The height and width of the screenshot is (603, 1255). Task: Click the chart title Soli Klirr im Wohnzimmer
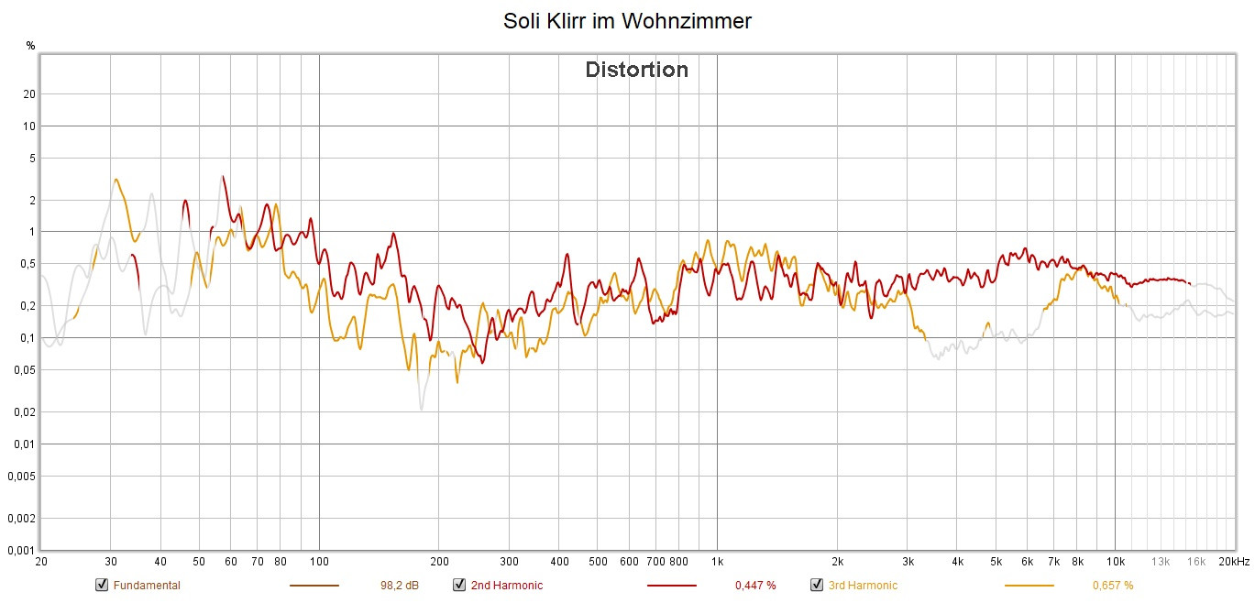click(x=627, y=21)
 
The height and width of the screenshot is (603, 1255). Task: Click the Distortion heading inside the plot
click(x=636, y=70)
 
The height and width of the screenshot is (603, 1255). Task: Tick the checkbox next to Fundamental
click(x=102, y=585)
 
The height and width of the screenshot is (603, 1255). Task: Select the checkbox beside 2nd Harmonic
click(x=459, y=585)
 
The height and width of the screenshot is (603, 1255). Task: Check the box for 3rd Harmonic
click(x=817, y=585)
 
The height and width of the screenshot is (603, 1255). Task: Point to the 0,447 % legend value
click(x=755, y=586)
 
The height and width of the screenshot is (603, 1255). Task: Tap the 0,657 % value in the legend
click(x=1113, y=586)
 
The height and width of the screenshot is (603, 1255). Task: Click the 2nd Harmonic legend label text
click(x=507, y=586)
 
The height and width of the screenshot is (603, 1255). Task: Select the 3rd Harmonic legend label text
click(x=863, y=586)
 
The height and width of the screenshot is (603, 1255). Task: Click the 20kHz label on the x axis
click(x=1234, y=561)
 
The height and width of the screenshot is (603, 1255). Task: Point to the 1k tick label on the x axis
click(x=717, y=561)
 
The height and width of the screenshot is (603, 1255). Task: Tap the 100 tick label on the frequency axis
click(x=319, y=561)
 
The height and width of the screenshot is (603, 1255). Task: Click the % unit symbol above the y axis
click(x=30, y=45)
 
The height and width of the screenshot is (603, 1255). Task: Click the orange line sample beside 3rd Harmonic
click(x=1029, y=586)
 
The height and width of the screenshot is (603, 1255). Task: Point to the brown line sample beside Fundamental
click(x=314, y=586)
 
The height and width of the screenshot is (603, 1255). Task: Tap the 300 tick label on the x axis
click(x=510, y=561)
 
